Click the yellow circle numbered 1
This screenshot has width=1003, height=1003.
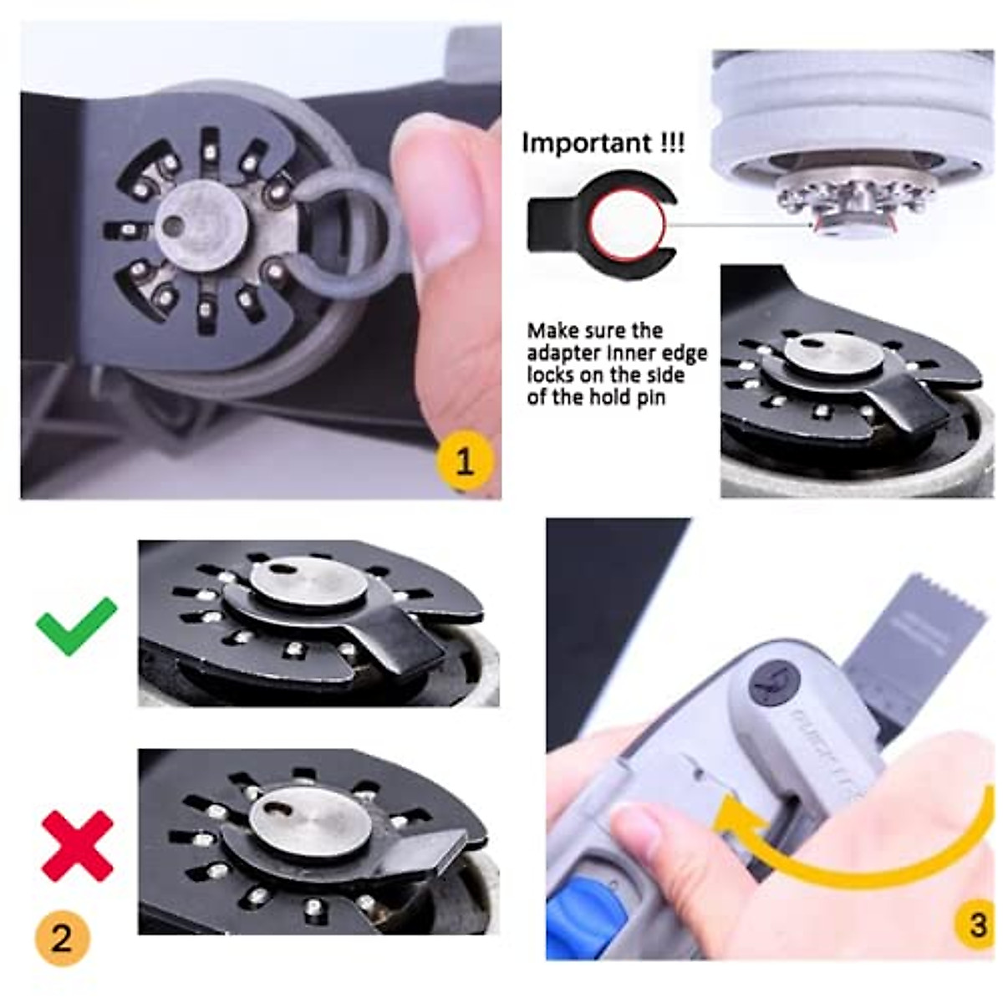coord(465,460)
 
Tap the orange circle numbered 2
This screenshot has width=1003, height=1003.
coord(62,938)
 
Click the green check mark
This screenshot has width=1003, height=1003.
coord(76,625)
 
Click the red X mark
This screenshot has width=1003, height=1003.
coord(77,845)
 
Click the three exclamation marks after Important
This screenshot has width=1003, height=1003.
coord(670,143)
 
